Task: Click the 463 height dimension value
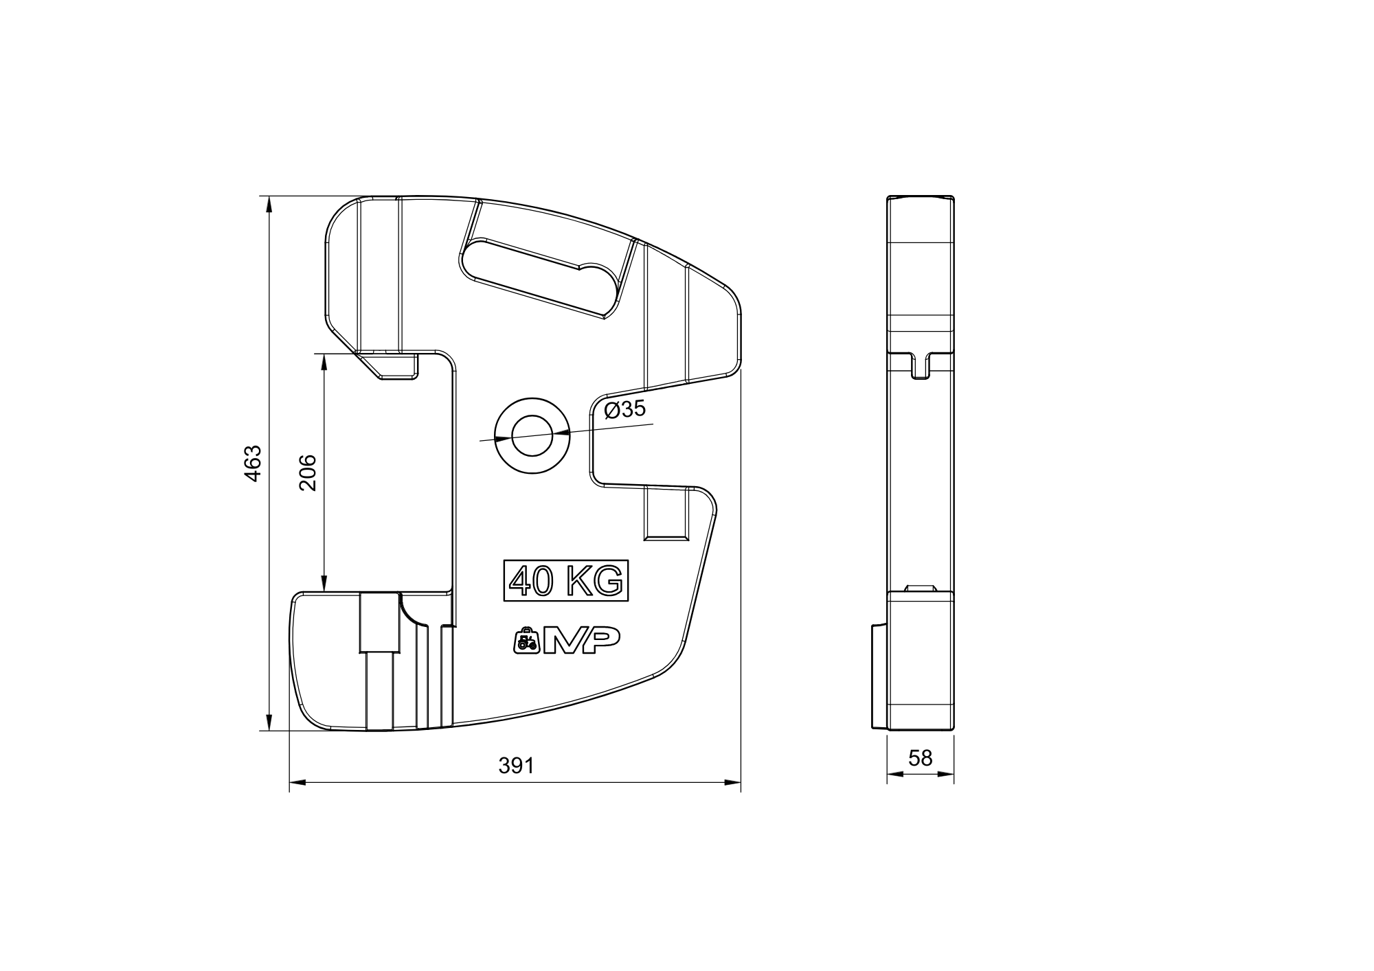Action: (253, 464)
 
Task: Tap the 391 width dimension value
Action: (516, 766)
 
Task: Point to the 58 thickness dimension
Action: (921, 757)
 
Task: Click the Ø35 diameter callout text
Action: (624, 409)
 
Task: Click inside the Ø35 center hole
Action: (532, 436)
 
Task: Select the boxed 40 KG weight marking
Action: (567, 581)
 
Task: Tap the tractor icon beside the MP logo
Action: (526, 641)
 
